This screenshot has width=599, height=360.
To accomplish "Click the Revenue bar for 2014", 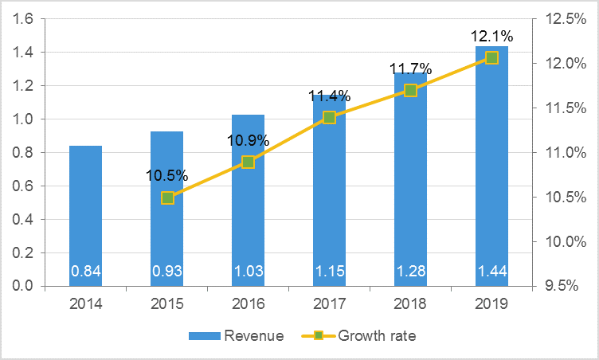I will (85, 215).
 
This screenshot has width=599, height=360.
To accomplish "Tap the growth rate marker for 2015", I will (167, 198).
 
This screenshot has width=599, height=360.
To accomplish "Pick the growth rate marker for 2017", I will (329, 117).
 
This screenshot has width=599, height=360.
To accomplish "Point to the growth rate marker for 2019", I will (491, 57).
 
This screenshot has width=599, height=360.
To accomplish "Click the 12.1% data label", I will (491, 36).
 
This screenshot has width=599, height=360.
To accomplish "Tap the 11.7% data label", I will (410, 69).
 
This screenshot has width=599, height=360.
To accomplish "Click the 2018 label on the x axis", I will (410, 303).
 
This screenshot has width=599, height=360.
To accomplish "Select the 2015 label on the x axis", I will (167, 303).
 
